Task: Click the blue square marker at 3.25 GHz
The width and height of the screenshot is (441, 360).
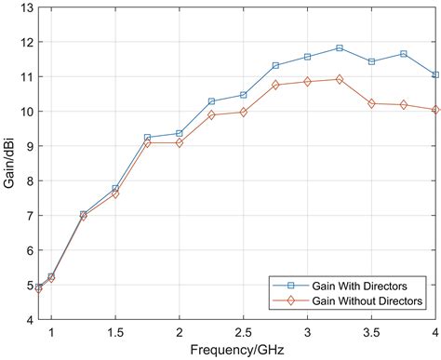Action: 340,47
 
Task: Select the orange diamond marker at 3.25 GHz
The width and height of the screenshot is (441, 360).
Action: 340,79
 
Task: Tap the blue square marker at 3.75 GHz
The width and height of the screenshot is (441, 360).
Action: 404,54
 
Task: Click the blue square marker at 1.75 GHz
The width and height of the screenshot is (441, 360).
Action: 147,138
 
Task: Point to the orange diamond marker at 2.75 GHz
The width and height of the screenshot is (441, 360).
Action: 275,85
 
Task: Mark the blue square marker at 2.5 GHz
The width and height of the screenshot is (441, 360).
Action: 244,95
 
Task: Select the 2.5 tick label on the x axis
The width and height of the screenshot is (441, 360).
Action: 244,332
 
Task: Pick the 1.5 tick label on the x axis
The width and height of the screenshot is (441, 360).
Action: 115,332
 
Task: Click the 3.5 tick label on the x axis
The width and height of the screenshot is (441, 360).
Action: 371,332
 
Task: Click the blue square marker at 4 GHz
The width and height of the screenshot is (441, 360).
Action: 435,74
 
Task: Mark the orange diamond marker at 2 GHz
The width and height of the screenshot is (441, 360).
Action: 180,142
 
